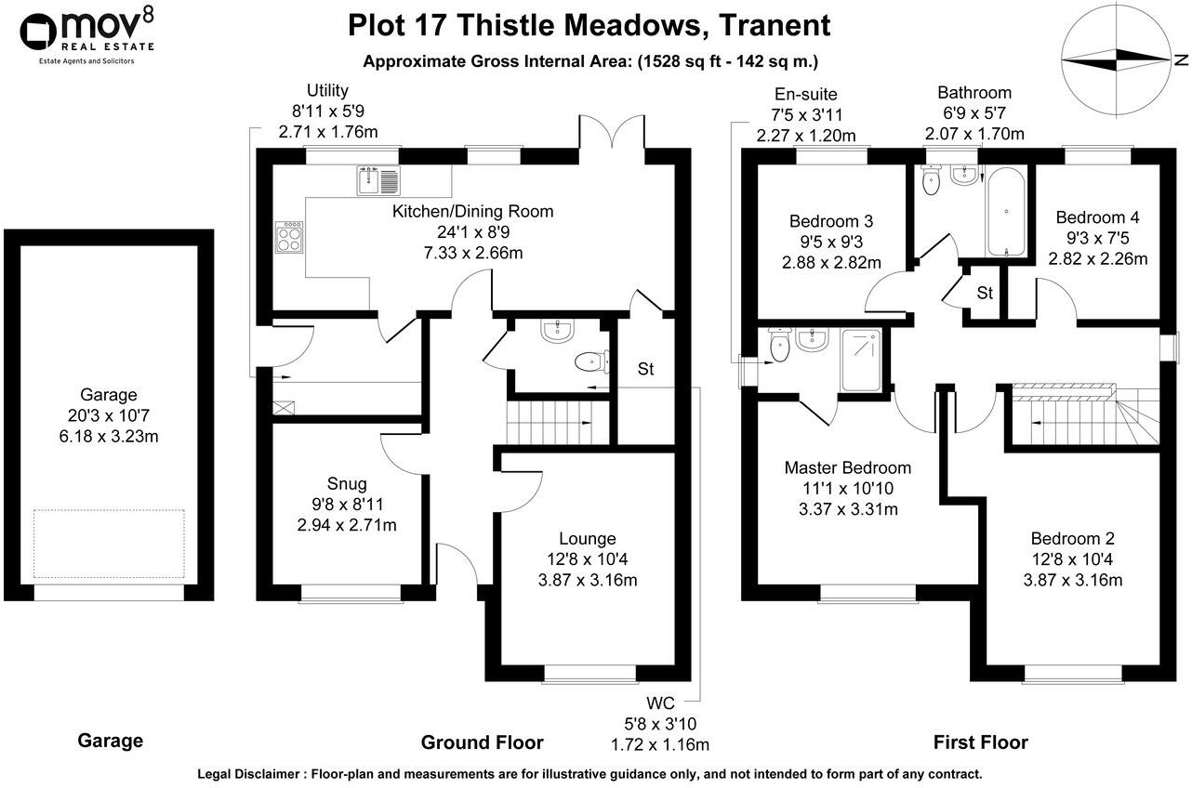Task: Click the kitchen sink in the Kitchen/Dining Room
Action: pos(377,179)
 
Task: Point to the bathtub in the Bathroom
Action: pos(1007,211)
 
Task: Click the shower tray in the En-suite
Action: pos(864,360)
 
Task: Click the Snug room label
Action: pos(347,483)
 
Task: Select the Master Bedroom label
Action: pos(847,467)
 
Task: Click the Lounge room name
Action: pos(588,538)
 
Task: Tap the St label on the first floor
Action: pos(985,294)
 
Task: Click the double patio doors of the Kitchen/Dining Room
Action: pos(622,134)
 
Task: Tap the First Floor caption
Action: pos(980,742)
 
